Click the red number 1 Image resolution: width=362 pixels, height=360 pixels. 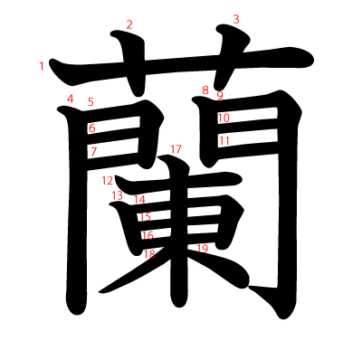[42, 66]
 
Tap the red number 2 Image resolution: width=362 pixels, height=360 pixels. [129, 24]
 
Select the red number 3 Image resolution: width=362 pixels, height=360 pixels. [236, 19]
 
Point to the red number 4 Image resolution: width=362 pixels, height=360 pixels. [70, 99]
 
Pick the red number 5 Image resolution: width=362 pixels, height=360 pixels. [90, 102]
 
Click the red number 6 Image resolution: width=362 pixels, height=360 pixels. [92, 128]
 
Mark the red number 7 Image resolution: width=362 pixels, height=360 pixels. [93, 152]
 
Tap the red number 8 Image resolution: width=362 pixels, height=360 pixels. [205, 90]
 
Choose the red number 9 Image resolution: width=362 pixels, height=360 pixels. [220, 95]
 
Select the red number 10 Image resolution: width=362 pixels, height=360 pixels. [224, 118]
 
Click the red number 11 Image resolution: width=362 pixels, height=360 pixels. [224, 140]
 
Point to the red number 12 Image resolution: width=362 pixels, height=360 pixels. [108, 181]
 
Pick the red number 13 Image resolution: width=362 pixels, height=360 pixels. [118, 195]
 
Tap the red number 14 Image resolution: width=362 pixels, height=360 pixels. [139, 199]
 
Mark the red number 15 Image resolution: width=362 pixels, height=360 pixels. [145, 216]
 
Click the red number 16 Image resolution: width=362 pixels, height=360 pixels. [148, 235]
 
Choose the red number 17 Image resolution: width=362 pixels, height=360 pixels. [176, 149]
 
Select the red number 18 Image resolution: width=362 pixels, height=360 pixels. [149, 254]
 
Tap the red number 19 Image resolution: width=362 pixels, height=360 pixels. [203, 249]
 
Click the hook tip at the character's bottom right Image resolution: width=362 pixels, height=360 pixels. [249, 288]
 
